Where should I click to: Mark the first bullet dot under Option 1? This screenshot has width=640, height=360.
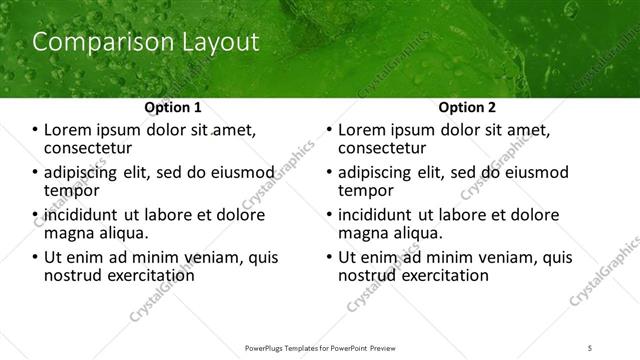(36, 131)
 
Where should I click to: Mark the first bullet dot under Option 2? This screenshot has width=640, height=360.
(330, 131)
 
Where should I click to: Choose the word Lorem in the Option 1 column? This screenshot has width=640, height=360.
(69, 130)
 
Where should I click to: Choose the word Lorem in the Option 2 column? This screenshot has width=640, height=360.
(363, 130)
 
